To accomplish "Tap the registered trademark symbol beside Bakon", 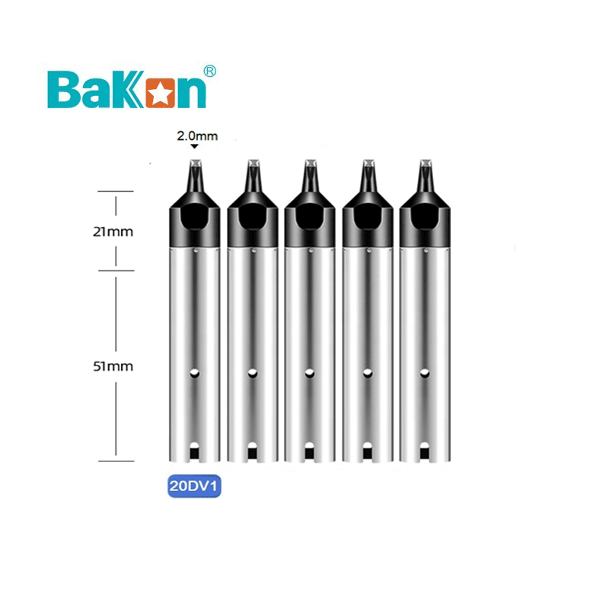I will pos(211,71).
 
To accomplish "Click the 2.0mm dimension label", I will pos(196,136).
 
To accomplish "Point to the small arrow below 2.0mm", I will pos(194,148).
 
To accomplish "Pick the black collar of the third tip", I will pos(310,221).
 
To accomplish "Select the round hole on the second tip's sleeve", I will pos(253,373).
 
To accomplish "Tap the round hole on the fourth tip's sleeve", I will pos(368,373).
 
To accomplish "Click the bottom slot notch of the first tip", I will pos(195,451).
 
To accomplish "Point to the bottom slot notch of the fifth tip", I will pos(426,451).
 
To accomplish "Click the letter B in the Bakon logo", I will pos(63,89).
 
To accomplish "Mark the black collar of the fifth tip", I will pos(426,221).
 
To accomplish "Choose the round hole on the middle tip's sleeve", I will pos(310,373).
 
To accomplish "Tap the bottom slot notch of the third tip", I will pos(310,451).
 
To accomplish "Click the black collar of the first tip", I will pos(195,221).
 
